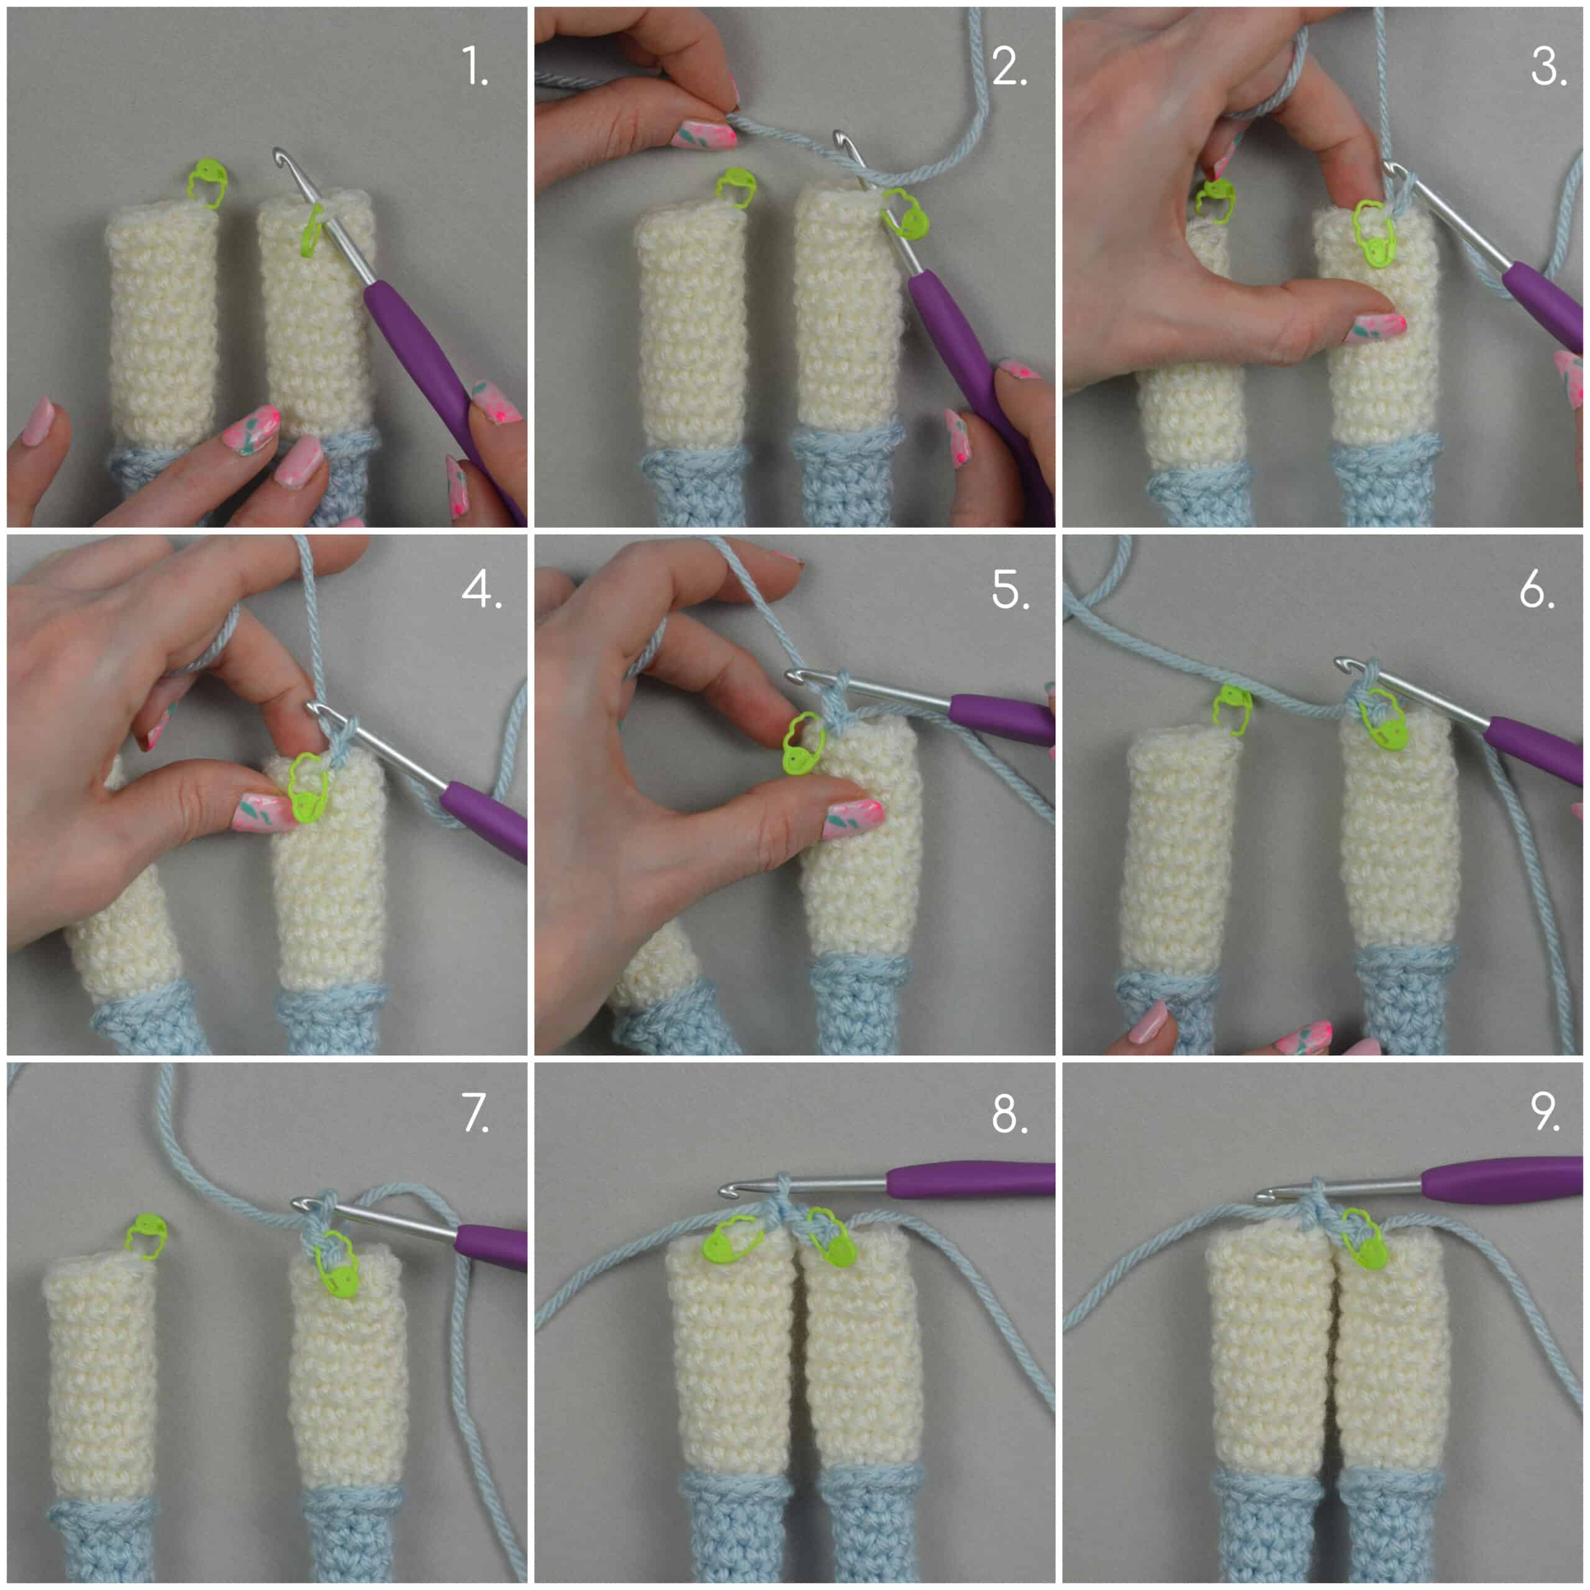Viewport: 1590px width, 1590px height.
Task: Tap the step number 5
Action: click(1009, 589)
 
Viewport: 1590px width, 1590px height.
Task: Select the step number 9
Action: click(1544, 1112)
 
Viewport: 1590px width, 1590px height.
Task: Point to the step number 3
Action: click(1547, 66)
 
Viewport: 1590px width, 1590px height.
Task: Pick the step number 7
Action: click(476, 1112)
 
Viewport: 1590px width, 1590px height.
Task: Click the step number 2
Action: click(1009, 66)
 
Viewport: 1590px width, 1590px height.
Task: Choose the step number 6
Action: click(1537, 589)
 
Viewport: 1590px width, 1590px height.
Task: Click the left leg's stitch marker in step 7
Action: click(147, 1235)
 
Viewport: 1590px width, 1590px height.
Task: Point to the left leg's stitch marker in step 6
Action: click(1233, 709)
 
